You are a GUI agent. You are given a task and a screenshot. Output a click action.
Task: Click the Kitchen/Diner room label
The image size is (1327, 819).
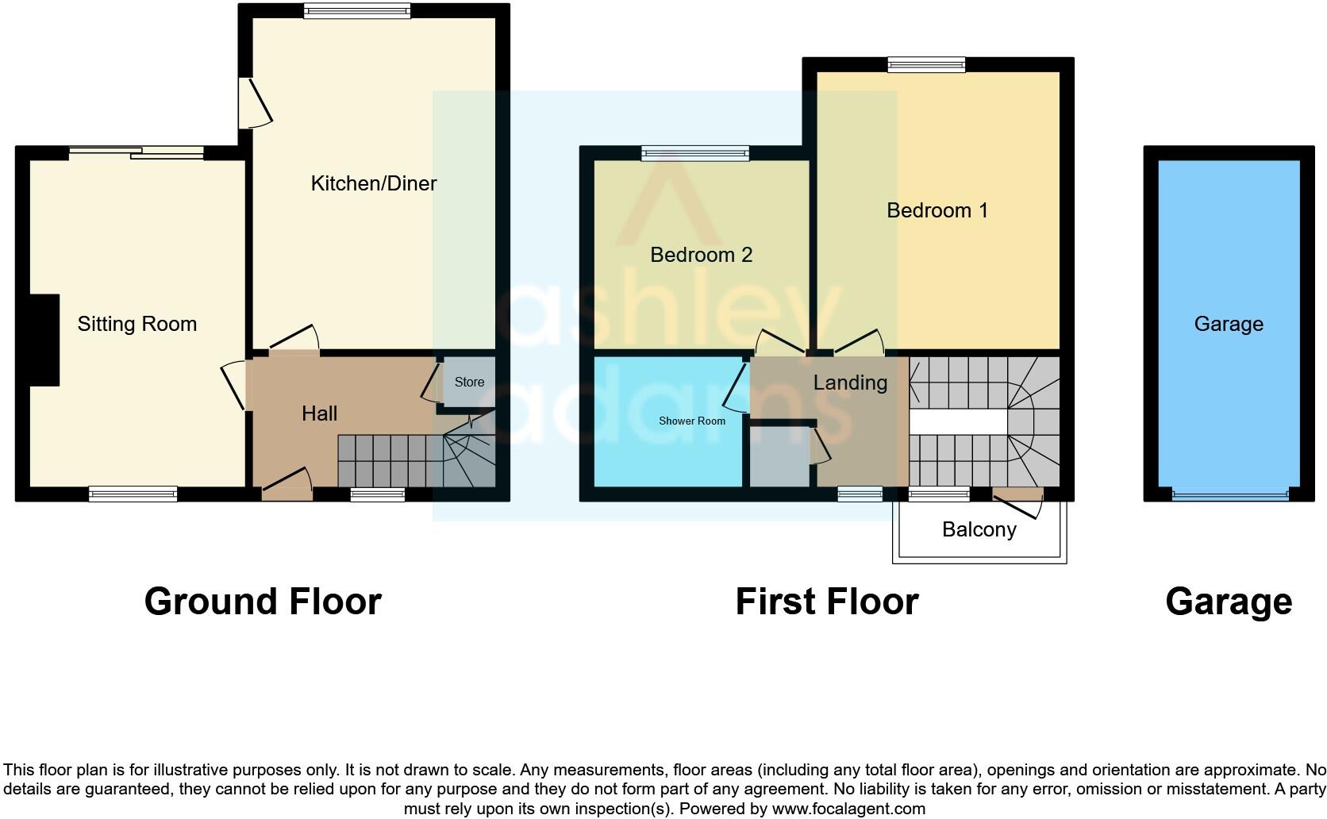[x=373, y=183]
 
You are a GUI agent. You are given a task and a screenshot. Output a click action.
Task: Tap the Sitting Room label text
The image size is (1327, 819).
[x=137, y=324]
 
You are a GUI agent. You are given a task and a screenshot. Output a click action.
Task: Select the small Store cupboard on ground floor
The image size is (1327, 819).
[x=469, y=382]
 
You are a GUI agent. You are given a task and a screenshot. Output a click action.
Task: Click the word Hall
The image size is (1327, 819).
[x=319, y=413]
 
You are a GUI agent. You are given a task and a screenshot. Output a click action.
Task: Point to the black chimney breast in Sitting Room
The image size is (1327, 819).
[x=44, y=340]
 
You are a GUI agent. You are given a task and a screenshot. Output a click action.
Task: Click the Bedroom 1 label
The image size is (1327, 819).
[x=937, y=210]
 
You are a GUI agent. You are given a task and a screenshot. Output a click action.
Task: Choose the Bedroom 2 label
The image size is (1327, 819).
[x=701, y=255]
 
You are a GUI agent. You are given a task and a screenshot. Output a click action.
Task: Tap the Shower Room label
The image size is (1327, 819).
[x=691, y=421]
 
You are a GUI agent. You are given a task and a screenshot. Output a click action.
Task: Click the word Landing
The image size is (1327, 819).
[x=850, y=383]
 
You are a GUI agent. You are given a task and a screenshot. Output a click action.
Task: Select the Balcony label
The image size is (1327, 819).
[x=979, y=529]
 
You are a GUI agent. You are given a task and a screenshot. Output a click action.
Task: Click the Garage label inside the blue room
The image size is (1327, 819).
[x=1228, y=324]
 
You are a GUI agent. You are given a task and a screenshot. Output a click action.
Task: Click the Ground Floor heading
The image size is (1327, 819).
[x=263, y=602]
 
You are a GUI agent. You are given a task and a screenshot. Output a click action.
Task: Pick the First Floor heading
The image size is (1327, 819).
[x=826, y=602]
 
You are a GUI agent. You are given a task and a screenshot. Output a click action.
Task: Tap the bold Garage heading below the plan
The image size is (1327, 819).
[x=1228, y=602]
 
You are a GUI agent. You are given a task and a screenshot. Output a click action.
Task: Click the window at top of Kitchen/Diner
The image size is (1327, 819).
[x=356, y=10]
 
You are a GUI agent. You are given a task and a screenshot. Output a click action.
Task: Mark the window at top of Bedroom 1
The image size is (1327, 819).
[x=926, y=65]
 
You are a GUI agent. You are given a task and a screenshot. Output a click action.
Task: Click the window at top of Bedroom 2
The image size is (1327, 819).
[x=694, y=153]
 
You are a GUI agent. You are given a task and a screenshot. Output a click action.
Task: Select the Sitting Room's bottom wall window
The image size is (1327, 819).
[x=133, y=494]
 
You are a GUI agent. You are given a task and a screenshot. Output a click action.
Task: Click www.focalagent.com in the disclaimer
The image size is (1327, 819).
[x=848, y=809]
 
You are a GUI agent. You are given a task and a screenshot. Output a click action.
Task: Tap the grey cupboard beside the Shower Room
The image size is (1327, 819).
[x=779, y=456]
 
